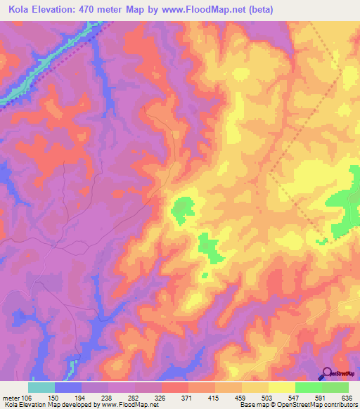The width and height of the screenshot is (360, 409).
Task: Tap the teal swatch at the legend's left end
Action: coord(41,387)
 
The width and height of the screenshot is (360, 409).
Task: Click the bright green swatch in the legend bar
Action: coord(308,387)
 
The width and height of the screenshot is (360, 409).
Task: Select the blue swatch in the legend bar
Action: coord(68,387)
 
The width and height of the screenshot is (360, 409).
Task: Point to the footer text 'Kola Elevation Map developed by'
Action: coord(48,405)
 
